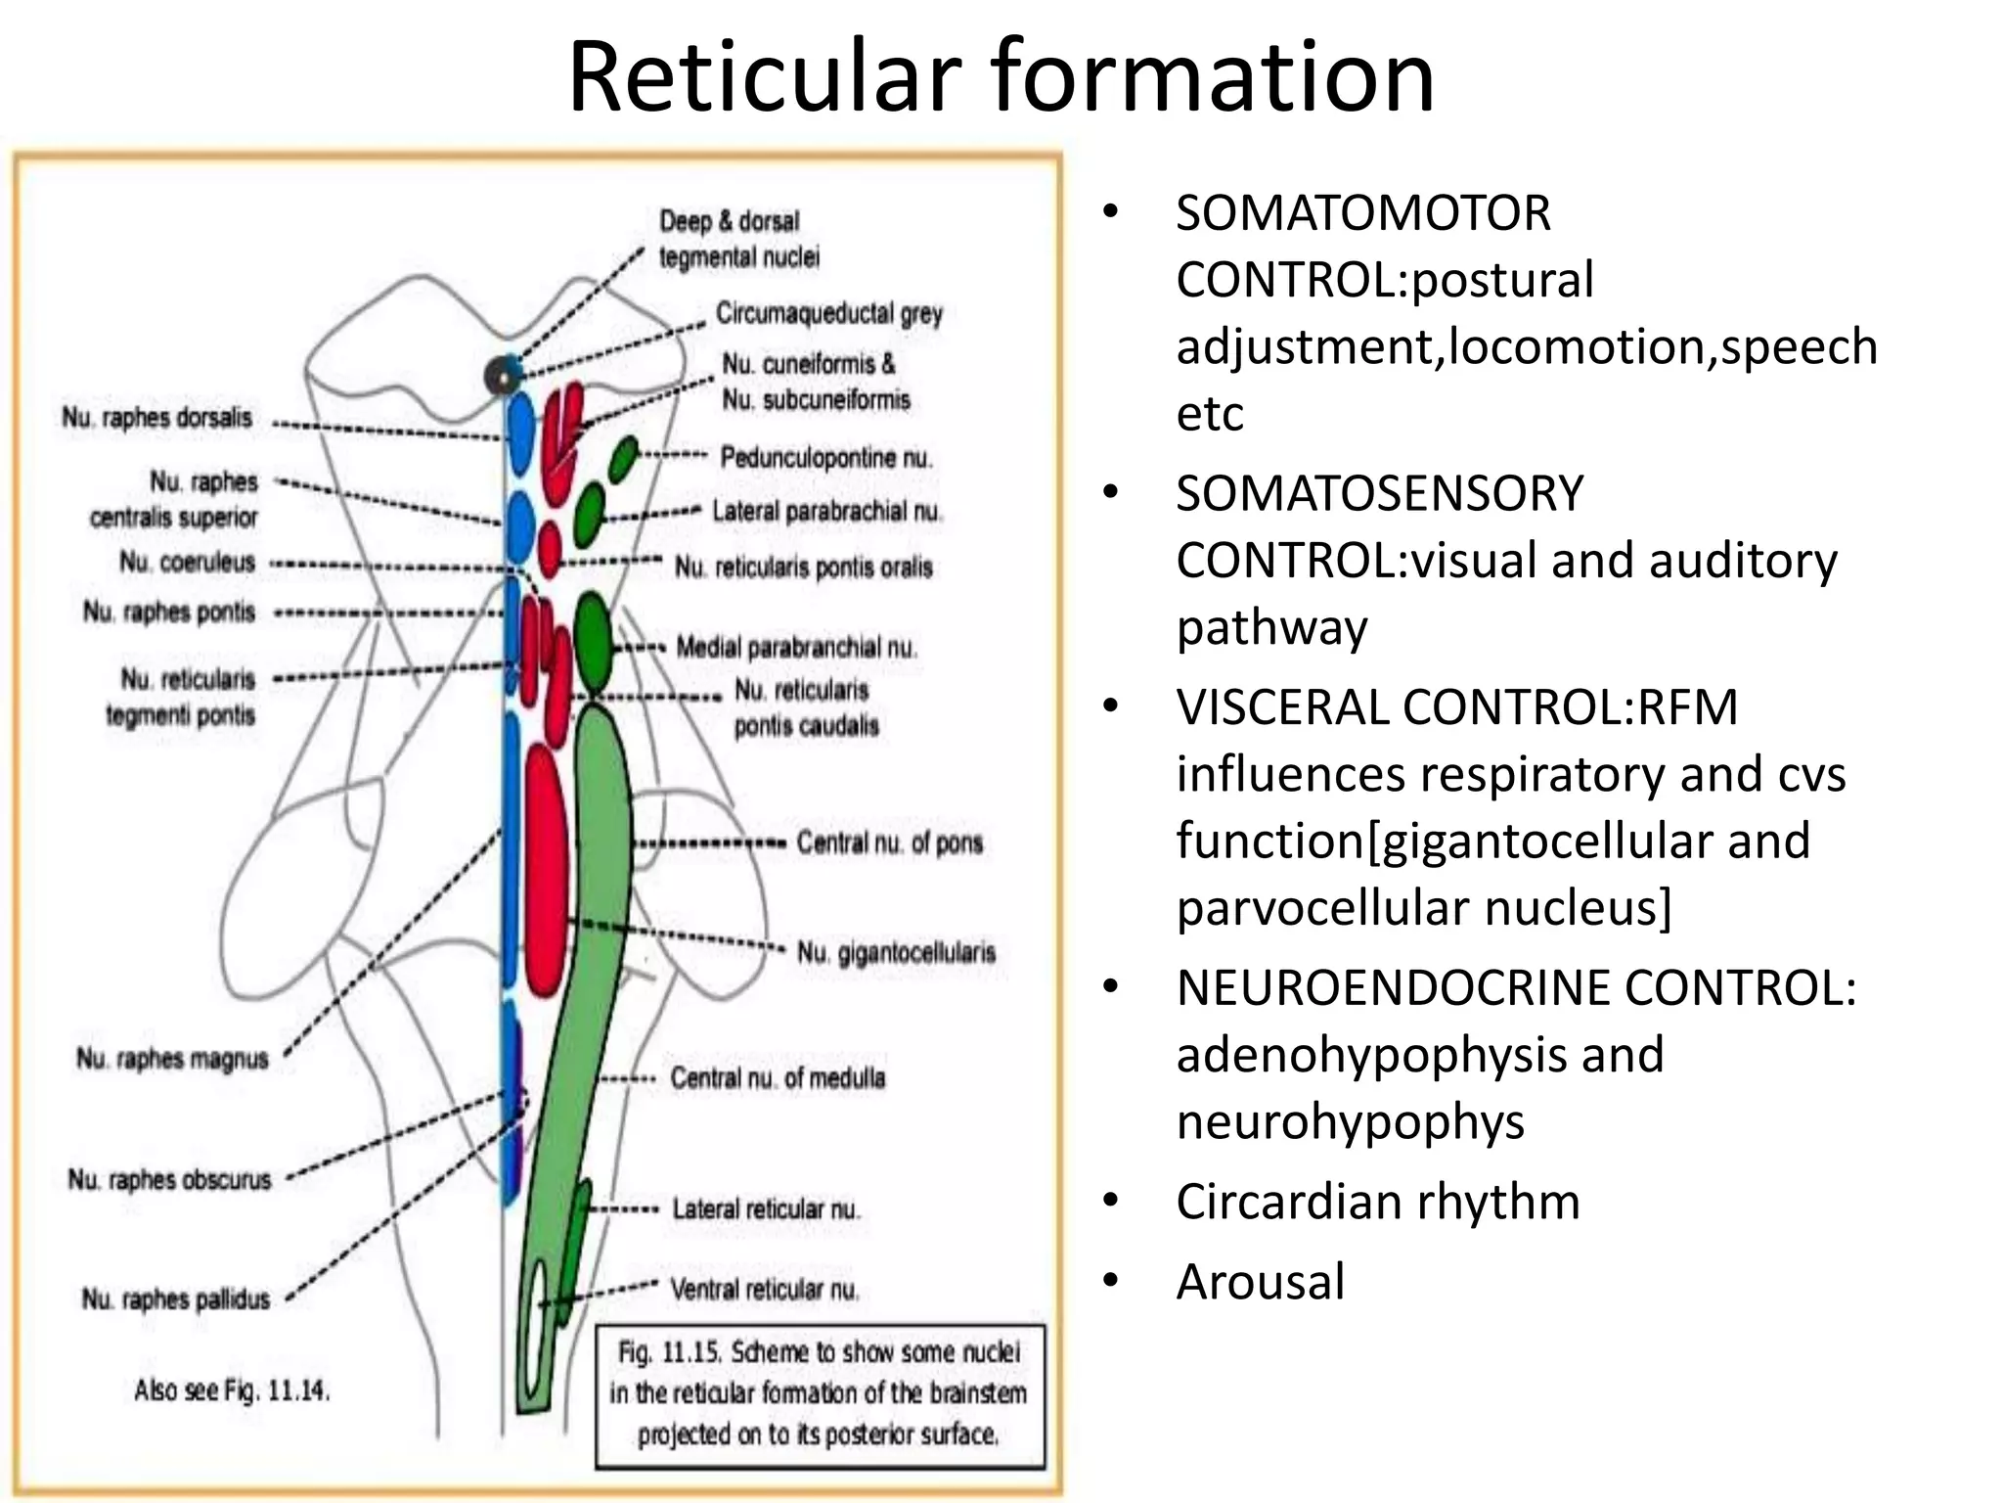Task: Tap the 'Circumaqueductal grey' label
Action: click(x=828, y=314)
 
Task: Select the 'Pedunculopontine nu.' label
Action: click(x=826, y=458)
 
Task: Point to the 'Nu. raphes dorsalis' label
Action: click(x=157, y=418)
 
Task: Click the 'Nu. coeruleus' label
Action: click(x=187, y=563)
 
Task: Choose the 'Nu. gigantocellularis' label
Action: click(x=896, y=952)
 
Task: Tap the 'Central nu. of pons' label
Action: click(x=889, y=843)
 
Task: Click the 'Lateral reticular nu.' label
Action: click(x=766, y=1209)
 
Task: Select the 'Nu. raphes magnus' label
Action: click(x=172, y=1059)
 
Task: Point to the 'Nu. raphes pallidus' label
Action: click(x=176, y=1299)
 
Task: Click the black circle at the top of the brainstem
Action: click(x=503, y=375)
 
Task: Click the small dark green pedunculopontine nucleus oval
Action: click(x=622, y=459)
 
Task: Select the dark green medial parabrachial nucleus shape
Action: click(x=593, y=641)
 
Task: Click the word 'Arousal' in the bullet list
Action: click(x=1261, y=1282)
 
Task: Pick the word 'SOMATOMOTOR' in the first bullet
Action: click(x=1363, y=213)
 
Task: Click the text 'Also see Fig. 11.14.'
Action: click(x=232, y=1389)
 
